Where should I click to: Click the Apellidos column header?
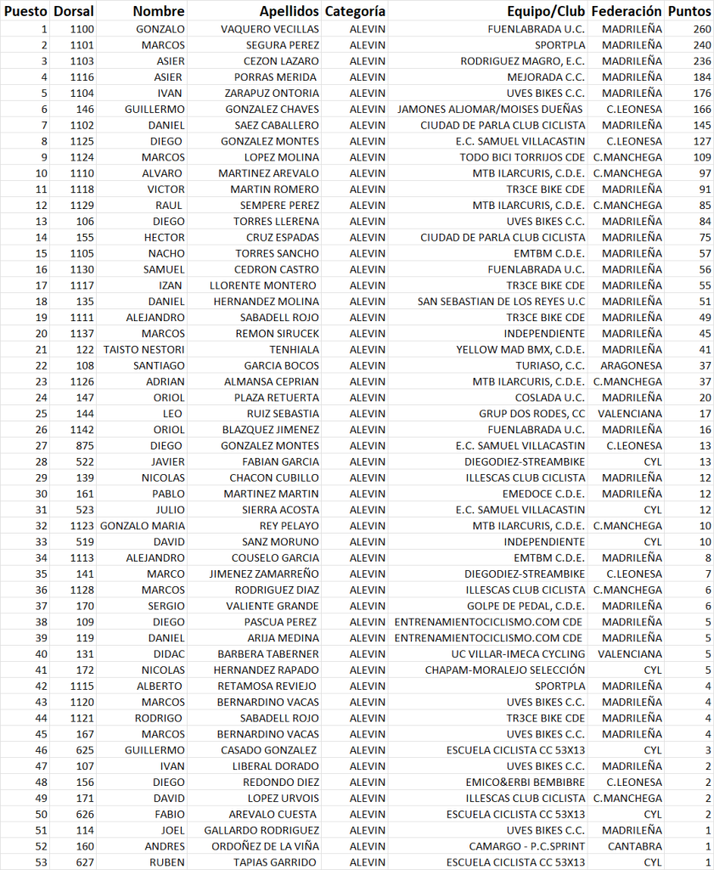(x=289, y=12)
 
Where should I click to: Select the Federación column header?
(x=626, y=12)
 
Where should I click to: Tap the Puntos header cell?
(x=689, y=12)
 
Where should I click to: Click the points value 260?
(x=701, y=29)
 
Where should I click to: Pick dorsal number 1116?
(x=82, y=77)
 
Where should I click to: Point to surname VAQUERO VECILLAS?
(x=270, y=29)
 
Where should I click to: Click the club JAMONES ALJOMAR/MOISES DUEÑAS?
(x=491, y=109)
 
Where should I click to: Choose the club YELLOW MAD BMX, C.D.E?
(x=520, y=349)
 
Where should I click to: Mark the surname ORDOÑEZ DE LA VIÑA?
(x=265, y=846)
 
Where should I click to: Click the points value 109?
(x=701, y=157)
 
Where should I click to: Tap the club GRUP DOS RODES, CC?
(x=531, y=414)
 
